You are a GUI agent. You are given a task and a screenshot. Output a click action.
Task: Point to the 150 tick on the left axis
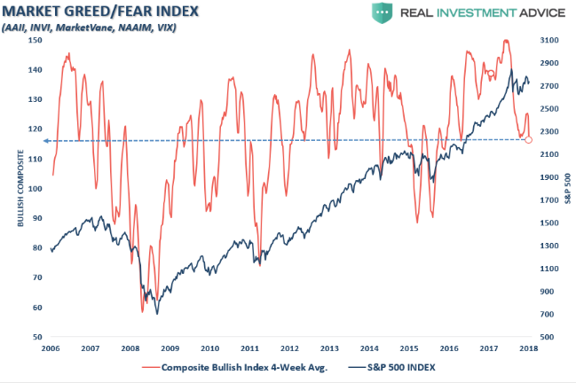(36, 40)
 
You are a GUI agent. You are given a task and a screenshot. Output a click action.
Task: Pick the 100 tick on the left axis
(36, 189)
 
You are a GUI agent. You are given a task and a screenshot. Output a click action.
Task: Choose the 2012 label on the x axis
(288, 349)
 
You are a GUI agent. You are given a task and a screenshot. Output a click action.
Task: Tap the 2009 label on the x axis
(170, 349)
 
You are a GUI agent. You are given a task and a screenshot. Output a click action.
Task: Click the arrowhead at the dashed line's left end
(49, 140)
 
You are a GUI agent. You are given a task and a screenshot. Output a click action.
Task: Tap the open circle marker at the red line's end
(528, 139)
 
